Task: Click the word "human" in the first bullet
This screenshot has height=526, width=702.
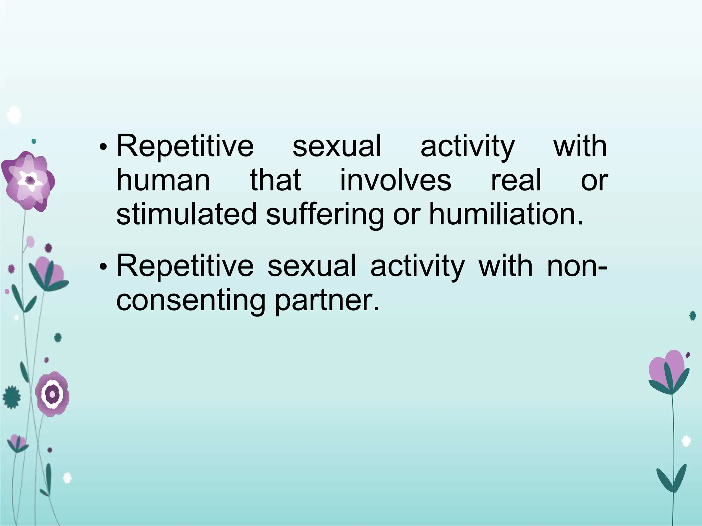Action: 163,180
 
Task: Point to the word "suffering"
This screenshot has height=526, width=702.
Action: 325,215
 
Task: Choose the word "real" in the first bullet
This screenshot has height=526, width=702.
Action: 516,180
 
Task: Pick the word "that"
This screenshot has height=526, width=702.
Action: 275,180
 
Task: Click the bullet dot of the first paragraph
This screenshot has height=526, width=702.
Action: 102,148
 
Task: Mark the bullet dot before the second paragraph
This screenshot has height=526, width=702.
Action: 102,267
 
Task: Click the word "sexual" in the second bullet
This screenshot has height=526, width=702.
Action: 312,266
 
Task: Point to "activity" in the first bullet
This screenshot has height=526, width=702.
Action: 468,147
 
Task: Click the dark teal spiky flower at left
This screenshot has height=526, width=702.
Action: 12,397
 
